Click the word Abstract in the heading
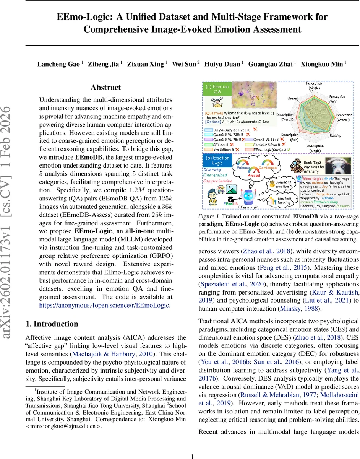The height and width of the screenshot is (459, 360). tap(105, 88)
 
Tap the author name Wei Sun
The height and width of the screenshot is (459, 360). tap(184, 64)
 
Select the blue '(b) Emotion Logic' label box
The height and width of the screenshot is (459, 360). tap(217, 160)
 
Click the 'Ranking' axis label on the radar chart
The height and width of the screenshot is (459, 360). tap(335, 135)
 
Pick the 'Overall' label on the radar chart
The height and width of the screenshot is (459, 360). tap(293, 99)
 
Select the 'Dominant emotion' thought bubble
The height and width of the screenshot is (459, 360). tap(283, 185)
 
